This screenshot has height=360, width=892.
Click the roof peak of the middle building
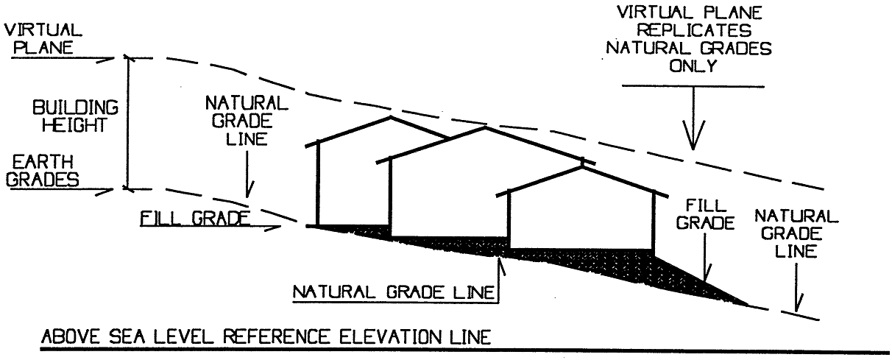point(483,128)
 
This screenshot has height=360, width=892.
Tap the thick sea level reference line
point(456,350)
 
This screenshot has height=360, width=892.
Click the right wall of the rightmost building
point(653,221)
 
